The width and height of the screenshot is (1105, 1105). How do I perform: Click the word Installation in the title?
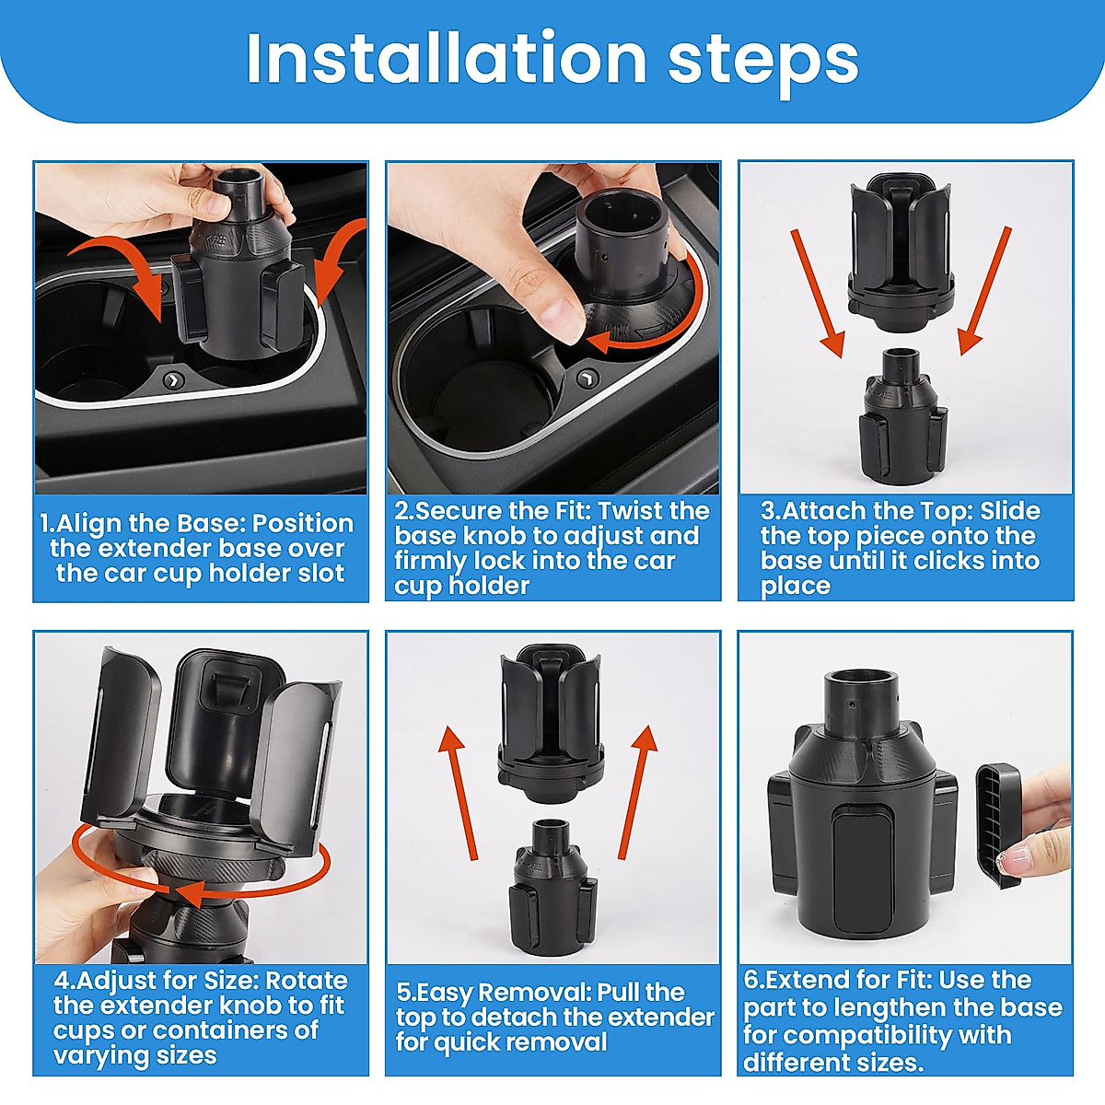[x=446, y=59]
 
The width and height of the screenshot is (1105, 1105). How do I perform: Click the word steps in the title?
[x=763, y=64]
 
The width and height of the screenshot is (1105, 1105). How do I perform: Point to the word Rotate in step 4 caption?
[x=307, y=981]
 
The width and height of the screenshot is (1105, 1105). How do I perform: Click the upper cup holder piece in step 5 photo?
[x=551, y=724]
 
